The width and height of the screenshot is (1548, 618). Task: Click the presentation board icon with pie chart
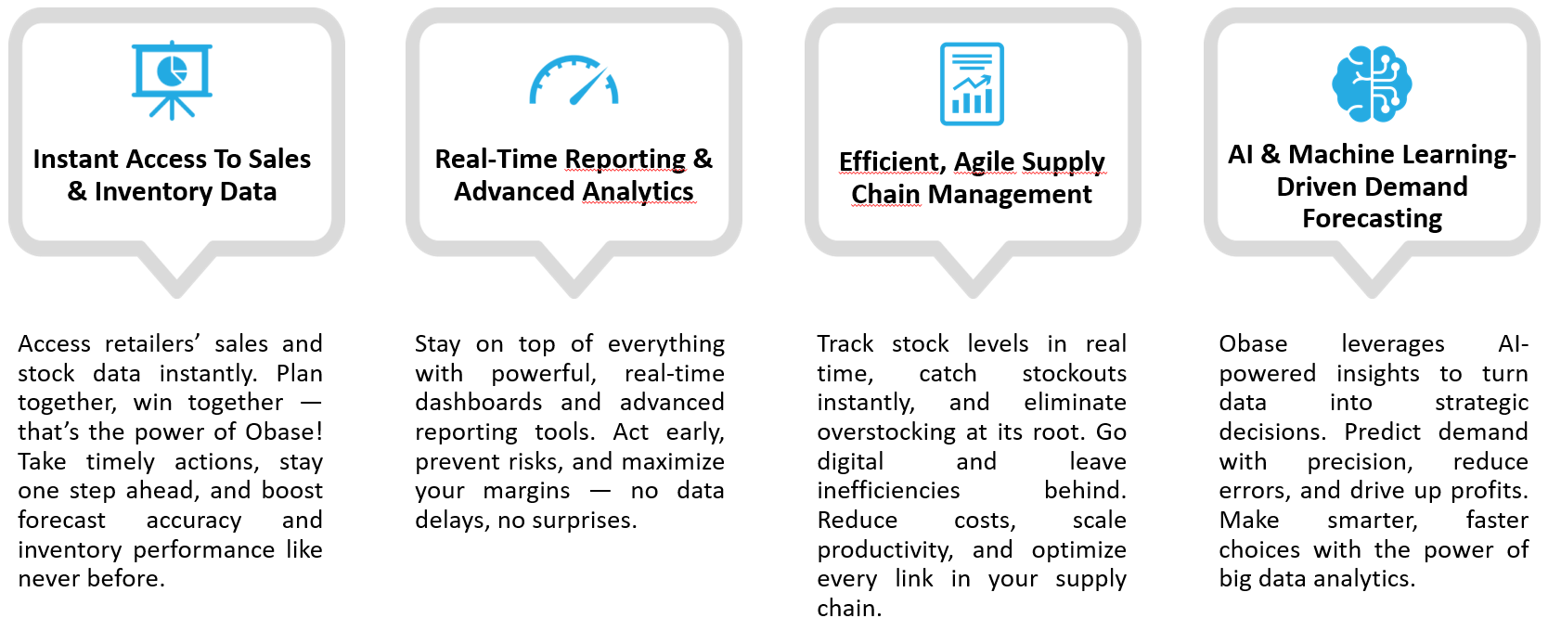tap(172, 80)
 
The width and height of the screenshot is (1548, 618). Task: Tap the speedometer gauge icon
tap(574, 80)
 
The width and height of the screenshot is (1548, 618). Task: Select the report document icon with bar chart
tap(972, 84)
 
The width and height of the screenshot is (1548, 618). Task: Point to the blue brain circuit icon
tap(1372, 84)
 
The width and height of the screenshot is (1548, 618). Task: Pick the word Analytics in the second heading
tap(638, 191)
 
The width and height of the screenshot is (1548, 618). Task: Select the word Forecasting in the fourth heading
tap(1372, 218)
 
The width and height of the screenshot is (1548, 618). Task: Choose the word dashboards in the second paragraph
tap(479, 403)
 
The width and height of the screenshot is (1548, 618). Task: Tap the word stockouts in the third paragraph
tap(1074, 373)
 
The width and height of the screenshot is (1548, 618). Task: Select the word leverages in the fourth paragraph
tap(1392, 343)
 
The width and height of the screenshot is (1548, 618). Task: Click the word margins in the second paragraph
tap(526, 491)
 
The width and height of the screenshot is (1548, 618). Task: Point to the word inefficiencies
tap(888, 490)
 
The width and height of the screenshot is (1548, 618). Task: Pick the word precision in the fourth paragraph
tap(1360, 462)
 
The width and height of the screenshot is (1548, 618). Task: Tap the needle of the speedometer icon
tap(588, 86)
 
